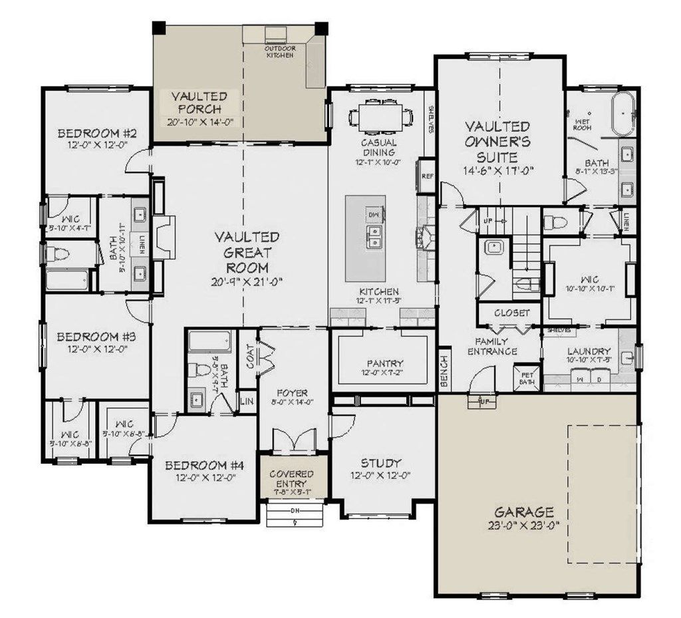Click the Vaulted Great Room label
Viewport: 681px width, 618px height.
coord(247,253)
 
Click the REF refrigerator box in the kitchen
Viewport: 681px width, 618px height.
coord(427,177)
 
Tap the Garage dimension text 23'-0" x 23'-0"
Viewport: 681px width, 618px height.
coord(523,526)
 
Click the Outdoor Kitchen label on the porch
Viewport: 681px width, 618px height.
coord(280,52)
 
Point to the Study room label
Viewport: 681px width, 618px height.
coord(382,463)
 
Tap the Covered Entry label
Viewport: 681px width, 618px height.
coord(291,478)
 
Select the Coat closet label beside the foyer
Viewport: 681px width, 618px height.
coord(250,360)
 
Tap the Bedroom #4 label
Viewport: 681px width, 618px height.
coord(204,466)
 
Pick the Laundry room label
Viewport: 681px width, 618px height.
coord(589,351)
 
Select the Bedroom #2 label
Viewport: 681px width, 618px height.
coord(96,132)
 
